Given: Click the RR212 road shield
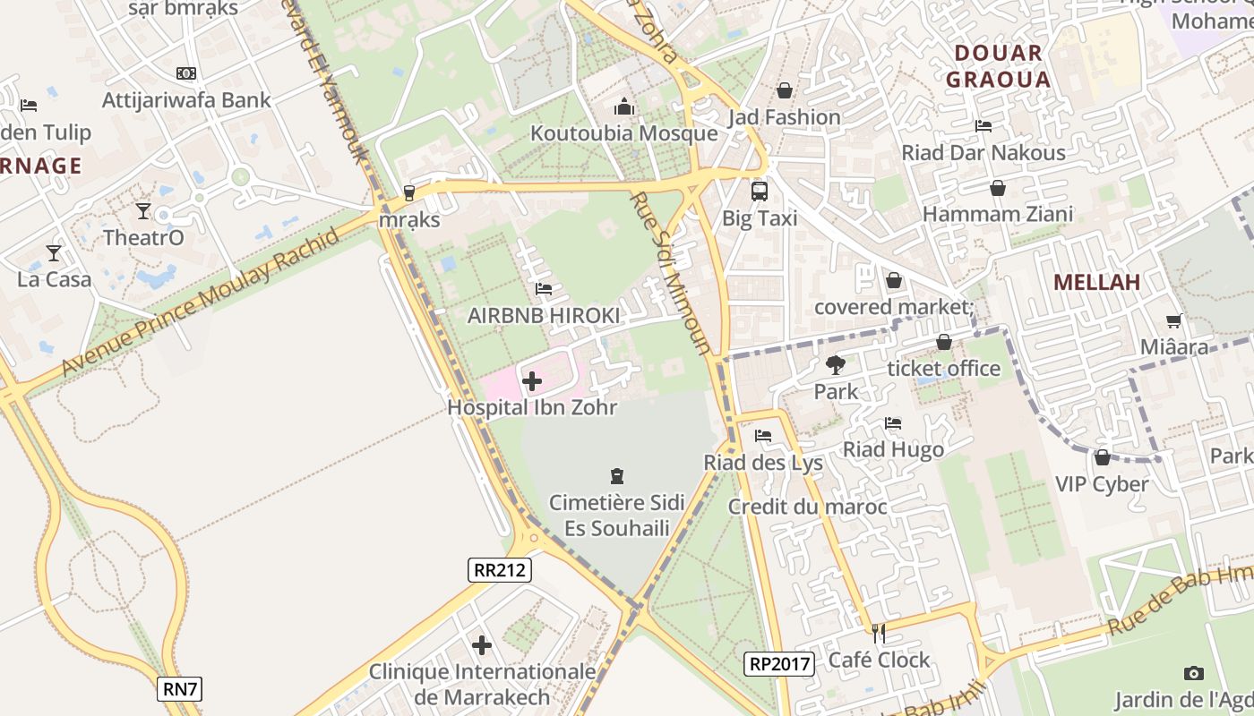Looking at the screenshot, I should (500, 570).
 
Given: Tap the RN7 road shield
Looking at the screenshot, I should (180, 689).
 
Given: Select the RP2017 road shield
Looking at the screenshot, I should (778, 664).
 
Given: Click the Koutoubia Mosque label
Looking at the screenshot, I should (623, 133).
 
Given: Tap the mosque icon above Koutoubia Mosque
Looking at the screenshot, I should (624, 107).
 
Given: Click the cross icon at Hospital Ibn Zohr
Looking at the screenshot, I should (531, 381).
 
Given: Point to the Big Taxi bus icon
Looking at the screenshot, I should (759, 191).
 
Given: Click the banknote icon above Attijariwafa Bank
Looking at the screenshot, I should (186, 73).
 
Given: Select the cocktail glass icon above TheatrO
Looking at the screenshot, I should (143, 210).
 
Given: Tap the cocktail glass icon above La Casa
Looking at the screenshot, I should (54, 252).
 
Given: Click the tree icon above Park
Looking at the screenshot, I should (835, 364).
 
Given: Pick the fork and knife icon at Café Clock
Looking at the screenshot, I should (879, 633).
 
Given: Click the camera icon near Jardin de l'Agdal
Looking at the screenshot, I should (1193, 673).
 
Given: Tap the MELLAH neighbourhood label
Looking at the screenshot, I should (1096, 283).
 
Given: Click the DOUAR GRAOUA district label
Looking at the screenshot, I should (998, 66).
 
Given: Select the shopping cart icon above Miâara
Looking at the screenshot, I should (1173, 320).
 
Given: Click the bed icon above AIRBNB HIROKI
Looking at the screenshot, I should (543, 289).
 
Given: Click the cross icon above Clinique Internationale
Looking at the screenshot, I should (482, 644).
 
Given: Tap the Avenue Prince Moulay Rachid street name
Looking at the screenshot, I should (202, 303).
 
